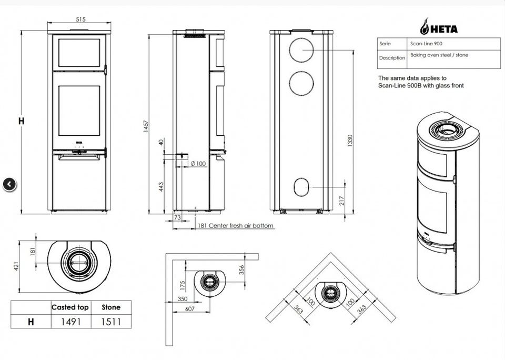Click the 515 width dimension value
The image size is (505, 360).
(x=80, y=19)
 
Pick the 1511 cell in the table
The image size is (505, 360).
(x=110, y=321)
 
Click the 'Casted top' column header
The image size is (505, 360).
(x=70, y=307)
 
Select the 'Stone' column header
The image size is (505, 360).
(x=110, y=307)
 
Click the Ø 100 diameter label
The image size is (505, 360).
(x=197, y=164)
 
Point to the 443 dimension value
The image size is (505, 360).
(x=161, y=187)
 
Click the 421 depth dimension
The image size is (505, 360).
(x=16, y=267)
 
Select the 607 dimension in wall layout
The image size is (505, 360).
(x=190, y=309)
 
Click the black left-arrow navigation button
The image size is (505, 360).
(x=10, y=184)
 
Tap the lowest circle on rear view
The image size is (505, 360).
(x=302, y=186)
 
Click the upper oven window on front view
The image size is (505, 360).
(x=79, y=52)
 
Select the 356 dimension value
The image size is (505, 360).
(x=241, y=269)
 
